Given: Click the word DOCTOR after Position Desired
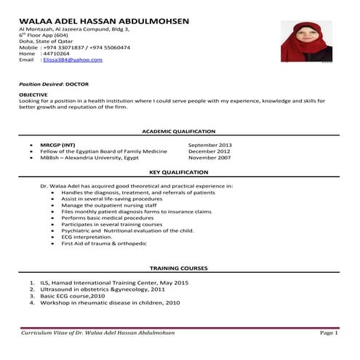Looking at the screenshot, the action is click(78, 84).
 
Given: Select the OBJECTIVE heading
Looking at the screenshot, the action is click(33, 95).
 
